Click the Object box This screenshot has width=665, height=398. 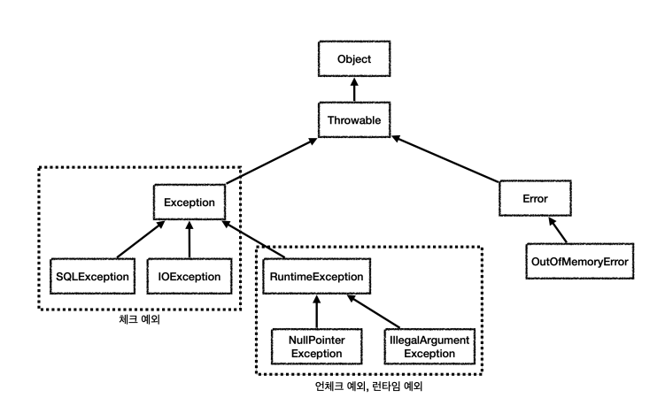click(354, 59)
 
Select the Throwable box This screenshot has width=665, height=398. click(354, 119)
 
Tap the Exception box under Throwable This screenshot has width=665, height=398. click(189, 202)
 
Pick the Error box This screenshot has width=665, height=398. click(535, 199)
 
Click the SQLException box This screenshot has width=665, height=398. click(92, 277)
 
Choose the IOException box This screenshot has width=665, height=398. click(189, 277)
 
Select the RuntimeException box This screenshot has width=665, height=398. click(316, 277)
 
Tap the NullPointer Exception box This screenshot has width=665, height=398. click(316, 347)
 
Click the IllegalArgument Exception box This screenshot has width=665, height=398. click(429, 347)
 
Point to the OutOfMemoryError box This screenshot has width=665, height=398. click(580, 261)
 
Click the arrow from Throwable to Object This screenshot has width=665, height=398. click(354, 89)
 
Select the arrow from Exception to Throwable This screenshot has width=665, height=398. click(272, 161)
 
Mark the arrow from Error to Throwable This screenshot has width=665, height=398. click(445, 159)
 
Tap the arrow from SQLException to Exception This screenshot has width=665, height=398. click(141, 239)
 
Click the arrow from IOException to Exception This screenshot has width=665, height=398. click(189, 239)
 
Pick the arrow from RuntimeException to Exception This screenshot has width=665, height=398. click(253, 239)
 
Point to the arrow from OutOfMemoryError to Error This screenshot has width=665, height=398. click(557, 230)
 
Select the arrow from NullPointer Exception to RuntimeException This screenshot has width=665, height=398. click(316, 311)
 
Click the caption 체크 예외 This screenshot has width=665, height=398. click(140, 319)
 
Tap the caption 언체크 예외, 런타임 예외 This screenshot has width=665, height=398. click(368, 387)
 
